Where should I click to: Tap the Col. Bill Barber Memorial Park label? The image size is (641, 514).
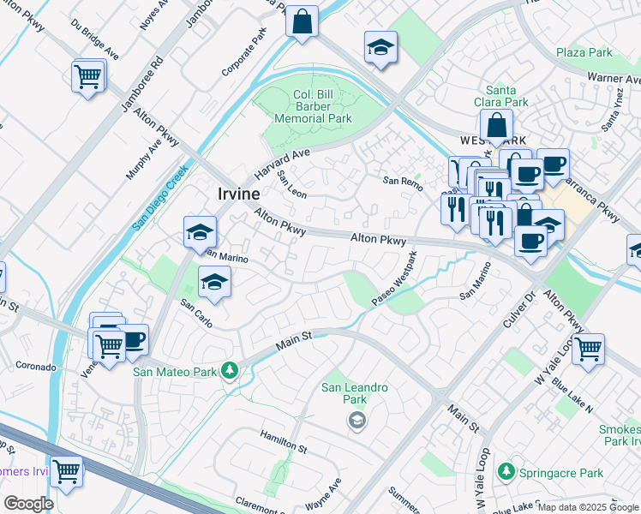pos(311,107)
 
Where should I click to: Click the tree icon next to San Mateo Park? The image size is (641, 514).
pos(229,371)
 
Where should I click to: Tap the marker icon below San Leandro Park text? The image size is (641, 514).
pos(356,420)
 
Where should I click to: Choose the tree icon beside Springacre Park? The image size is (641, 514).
pos(506,472)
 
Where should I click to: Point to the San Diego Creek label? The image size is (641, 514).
pos(159,198)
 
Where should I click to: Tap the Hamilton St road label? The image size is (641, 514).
pos(284,441)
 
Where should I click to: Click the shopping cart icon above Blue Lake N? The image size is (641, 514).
pos(588,348)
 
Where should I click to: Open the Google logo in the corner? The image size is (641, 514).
pos(28,504)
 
